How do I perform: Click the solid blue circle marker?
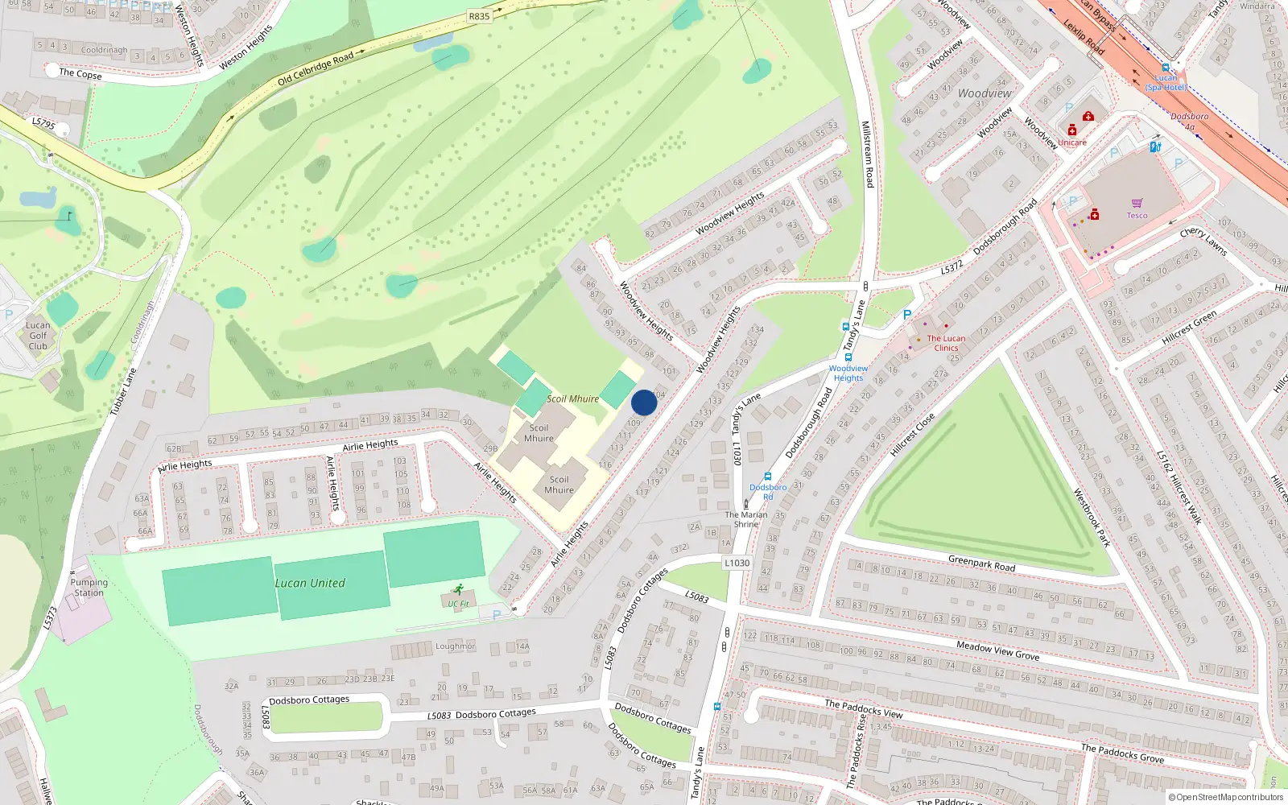coord(644,402)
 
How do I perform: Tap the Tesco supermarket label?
coord(1137,215)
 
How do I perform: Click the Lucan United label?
coord(310,583)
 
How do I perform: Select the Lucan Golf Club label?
coord(38,336)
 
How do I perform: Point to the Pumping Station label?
coord(89,588)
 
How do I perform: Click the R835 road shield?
coord(479,16)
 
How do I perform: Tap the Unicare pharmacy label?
coord(1071,142)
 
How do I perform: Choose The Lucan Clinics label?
coord(946,343)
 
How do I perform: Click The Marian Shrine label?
coord(745,519)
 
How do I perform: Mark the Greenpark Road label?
coord(981,563)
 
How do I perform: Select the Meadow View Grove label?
coord(997,650)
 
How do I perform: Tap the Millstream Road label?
coord(867,155)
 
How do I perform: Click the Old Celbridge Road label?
coord(316,69)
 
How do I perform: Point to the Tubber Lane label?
coord(123,392)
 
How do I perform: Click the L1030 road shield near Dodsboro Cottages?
coord(737,563)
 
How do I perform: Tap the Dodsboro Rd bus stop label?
coord(768,491)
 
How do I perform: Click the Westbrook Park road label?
coord(1092,518)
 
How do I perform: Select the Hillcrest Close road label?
coord(912,436)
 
